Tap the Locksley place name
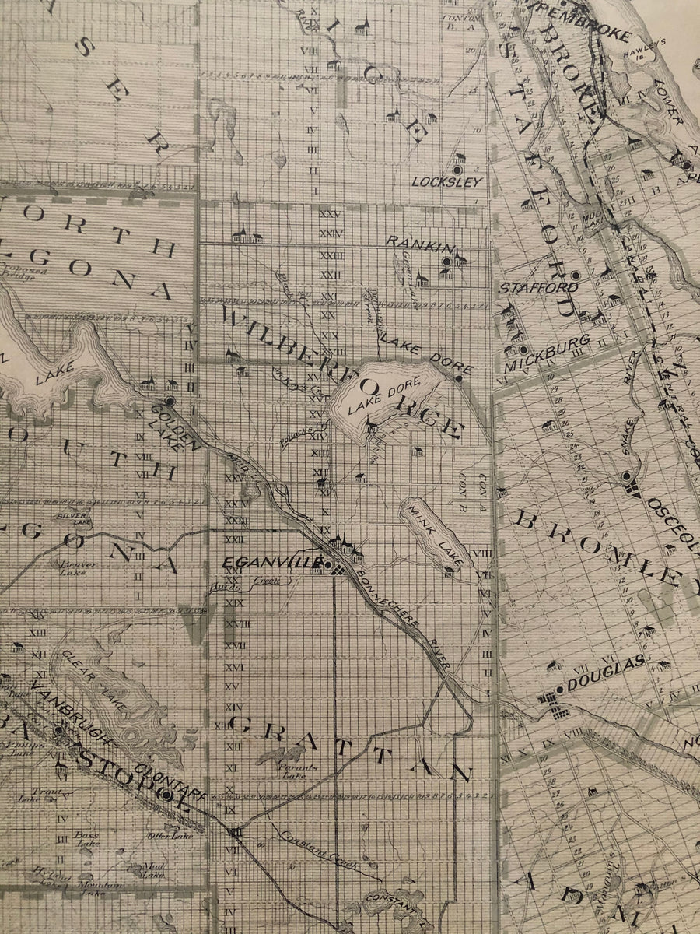[447, 182]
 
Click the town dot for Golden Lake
[170, 400]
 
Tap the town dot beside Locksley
[458, 169]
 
